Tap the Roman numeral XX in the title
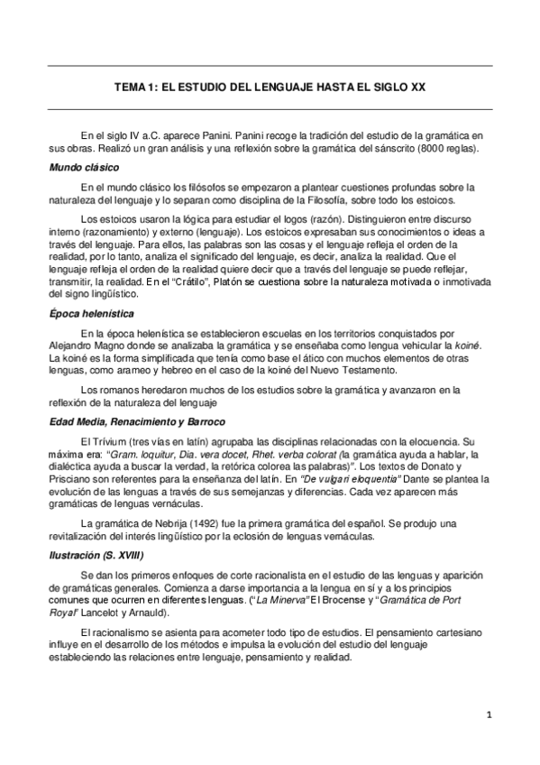[416, 88]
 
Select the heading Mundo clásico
[85, 168]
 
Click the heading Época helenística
[92, 313]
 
